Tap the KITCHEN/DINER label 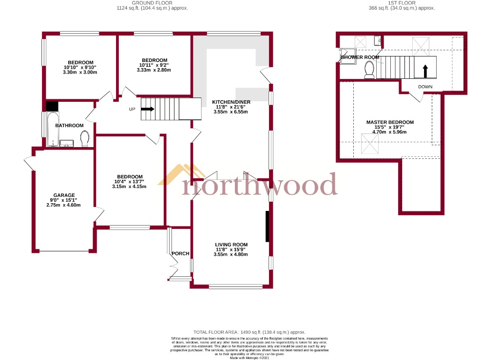point(231,102)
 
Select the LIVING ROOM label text point(231,245)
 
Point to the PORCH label point(180,253)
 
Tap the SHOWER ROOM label point(360,57)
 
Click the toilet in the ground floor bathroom point(85,139)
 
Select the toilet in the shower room point(369,72)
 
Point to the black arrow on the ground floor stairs point(148,109)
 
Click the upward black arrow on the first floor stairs point(425,71)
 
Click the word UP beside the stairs point(132,109)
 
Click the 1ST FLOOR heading point(402,3)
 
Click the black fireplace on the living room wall point(267,227)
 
